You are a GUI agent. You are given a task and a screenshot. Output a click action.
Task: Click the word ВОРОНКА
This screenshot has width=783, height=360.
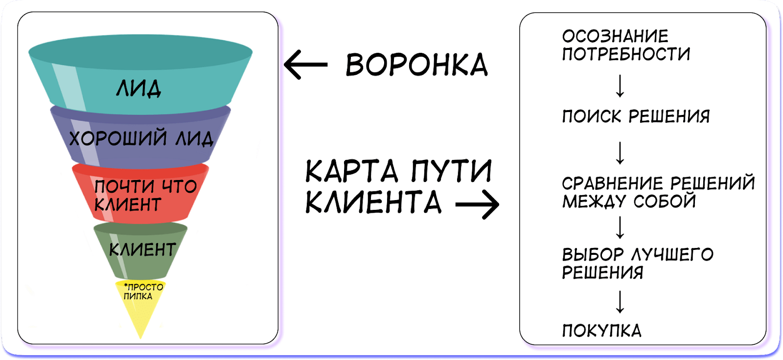[x=416, y=65]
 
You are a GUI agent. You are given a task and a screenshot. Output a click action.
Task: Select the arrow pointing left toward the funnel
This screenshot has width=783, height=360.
[x=305, y=65]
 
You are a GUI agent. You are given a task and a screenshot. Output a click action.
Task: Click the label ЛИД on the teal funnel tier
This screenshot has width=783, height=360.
[x=138, y=89]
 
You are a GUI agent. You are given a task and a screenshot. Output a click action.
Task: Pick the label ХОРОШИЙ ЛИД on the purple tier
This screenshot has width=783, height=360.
[x=141, y=138]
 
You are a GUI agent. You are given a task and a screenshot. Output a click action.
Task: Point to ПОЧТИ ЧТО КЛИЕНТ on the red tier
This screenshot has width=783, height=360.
[x=145, y=195]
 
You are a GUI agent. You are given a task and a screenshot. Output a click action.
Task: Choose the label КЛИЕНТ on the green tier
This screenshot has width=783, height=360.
[x=142, y=250]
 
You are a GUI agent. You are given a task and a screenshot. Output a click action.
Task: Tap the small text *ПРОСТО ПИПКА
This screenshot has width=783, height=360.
[x=142, y=292]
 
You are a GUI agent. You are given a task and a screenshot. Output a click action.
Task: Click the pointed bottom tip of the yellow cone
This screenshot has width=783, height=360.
[x=140, y=337]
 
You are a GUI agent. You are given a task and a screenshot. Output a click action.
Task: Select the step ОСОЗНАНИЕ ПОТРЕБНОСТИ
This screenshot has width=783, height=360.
[x=625, y=45]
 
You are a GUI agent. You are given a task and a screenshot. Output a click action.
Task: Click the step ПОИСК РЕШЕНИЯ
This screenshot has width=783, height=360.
[x=636, y=116]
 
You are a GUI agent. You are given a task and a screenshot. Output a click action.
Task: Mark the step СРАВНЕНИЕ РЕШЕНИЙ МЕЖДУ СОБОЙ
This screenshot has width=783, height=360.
[x=658, y=192]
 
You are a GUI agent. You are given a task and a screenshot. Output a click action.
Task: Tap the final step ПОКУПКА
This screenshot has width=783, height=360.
[x=601, y=331]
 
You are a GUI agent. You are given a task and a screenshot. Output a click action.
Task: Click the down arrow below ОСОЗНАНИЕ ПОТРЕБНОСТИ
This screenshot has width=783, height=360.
[x=620, y=86]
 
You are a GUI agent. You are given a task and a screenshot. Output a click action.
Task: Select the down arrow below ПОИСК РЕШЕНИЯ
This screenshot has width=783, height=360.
[x=620, y=153]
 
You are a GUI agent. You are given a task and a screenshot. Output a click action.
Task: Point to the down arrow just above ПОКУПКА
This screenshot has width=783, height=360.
[x=620, y=302]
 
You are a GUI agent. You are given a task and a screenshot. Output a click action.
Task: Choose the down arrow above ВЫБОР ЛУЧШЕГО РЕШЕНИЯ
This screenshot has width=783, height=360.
[x=620, y=227]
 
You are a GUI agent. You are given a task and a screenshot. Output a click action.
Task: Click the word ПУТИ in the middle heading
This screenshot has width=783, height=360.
[x=451, y=171]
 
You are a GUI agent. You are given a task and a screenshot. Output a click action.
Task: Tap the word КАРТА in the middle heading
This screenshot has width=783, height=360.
[x=351, y=171]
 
